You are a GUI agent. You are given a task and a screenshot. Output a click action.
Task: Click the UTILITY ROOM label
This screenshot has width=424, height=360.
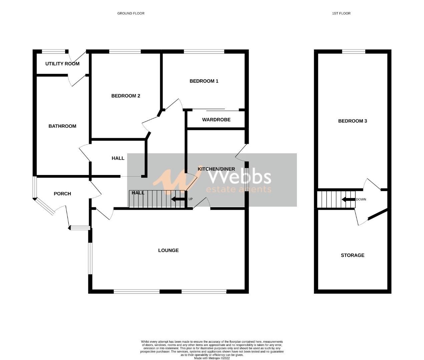pos(62,63)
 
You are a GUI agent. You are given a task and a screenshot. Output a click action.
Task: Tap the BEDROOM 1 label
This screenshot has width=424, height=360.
pos(204,81)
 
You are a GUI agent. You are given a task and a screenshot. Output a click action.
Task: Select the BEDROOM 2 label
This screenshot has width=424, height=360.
pos(125,96)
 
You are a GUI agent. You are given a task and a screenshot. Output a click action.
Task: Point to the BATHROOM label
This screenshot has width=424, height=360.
pos(62,126)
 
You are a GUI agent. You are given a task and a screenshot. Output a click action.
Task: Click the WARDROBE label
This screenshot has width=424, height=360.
pos(216,120)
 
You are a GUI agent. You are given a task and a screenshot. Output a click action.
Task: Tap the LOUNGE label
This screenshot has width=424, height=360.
pos(168,250)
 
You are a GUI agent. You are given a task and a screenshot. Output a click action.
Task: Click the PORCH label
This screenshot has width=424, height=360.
pos(62,194)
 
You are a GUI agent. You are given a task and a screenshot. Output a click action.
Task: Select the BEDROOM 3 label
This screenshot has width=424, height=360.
pos(353,121)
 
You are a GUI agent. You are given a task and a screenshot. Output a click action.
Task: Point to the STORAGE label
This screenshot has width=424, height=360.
pos(353,255)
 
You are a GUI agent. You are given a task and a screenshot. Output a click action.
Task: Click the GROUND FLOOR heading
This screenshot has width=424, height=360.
pos(131,13)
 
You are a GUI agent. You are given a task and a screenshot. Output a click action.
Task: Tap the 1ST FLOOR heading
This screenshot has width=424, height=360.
pos(341,13)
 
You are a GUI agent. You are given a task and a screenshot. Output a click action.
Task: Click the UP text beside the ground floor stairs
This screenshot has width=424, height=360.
pos(190,199)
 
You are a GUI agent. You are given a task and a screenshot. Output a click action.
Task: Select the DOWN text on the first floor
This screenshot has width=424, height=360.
pos(361,200)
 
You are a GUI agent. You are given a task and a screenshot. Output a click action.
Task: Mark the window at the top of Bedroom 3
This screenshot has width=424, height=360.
pos(354,51)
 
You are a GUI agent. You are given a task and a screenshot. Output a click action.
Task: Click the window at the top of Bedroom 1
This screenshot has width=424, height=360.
pos(204,51)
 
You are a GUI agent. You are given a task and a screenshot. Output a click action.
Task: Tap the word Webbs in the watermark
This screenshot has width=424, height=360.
pos(240,177)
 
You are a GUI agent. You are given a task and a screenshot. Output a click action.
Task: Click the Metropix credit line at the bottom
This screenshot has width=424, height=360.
pos(212,358)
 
